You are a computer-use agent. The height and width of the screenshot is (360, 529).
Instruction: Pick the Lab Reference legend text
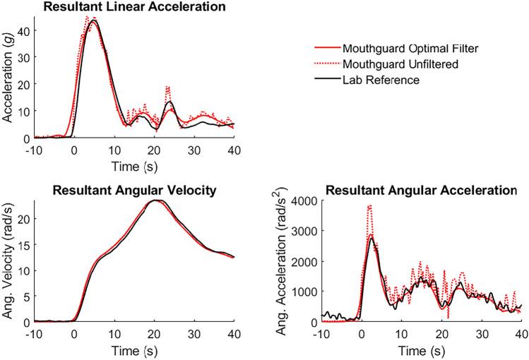click(381, 80)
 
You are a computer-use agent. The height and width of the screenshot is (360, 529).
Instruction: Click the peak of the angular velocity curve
click(154, 200)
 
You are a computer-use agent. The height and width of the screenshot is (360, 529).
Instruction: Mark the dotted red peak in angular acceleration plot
click(369, 205)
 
